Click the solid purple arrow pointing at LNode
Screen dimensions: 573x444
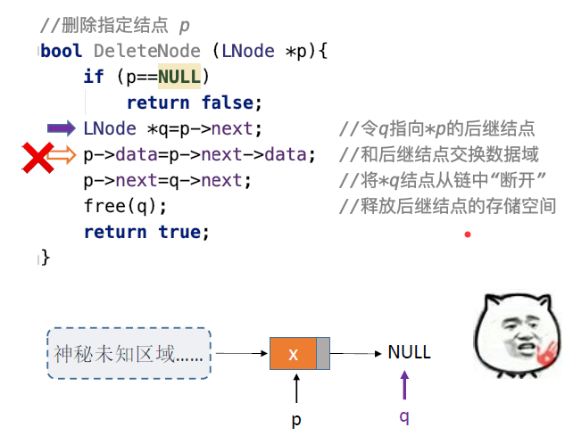[x=62, y=128]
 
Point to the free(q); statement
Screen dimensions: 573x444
[x=125, y=206]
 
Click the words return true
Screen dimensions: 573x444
[x=145, y=232]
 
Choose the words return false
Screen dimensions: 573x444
[x=195, y=103]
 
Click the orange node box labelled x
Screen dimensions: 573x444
[x=293, y=353]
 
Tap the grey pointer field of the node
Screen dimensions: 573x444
[x=323, y=353]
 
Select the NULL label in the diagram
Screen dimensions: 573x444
[x=409, y=352]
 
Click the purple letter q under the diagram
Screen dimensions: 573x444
[x=404, y=416]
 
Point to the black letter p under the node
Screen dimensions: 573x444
[x=296, y=418]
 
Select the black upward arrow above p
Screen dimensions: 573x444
[x=296, y=389]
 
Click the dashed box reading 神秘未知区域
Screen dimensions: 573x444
[x=129, y=353]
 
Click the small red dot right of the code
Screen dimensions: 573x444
[x=467, y=234]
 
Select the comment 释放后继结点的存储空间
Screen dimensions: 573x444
[x=447, y=207]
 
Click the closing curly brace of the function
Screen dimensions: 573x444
[x=46, y=258]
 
